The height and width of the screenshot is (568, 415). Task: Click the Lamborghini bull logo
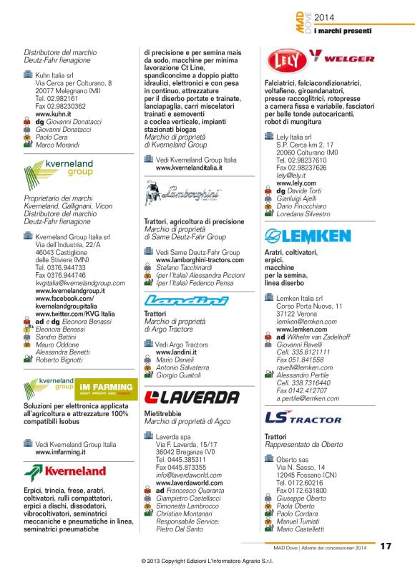coord(182,194)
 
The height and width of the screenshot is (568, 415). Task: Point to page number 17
coord(386,545)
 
